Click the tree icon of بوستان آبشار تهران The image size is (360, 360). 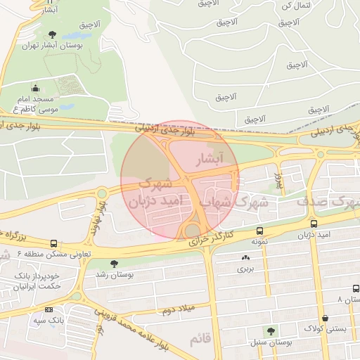pos(52,34)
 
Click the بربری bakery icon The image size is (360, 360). pos(245,258)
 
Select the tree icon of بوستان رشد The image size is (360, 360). pos(114,264)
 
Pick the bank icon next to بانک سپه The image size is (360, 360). pos(49,309)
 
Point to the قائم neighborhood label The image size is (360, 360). pos(200,340)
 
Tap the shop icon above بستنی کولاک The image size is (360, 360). pos(324,318)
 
